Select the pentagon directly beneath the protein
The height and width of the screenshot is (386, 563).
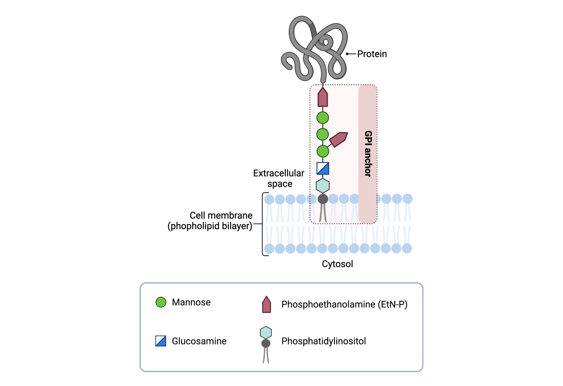click(322, 97)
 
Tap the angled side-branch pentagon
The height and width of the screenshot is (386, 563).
click(338, 139)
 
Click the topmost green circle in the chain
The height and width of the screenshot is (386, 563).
click(322, 118)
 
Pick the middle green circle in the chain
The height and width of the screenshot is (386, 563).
click(322, 135)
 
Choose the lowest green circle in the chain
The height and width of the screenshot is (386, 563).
click(322, 151)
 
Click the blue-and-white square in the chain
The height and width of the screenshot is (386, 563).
click(323, 168)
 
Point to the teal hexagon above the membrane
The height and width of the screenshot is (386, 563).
click(322, 185)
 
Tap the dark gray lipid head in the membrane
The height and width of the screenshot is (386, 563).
click(323, 199)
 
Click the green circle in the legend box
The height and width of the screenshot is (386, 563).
click(161, 302)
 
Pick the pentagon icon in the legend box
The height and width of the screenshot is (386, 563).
click(266, 305)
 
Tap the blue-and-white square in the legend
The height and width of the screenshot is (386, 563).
click(161, 341)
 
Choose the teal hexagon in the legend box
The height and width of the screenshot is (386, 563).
click(266, 333)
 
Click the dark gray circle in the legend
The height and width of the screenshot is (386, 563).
click(266, 343)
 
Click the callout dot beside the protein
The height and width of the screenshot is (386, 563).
click(347, 54)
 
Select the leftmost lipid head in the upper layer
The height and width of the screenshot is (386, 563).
click(269, 199)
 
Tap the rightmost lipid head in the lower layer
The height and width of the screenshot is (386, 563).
click(407, 248)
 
